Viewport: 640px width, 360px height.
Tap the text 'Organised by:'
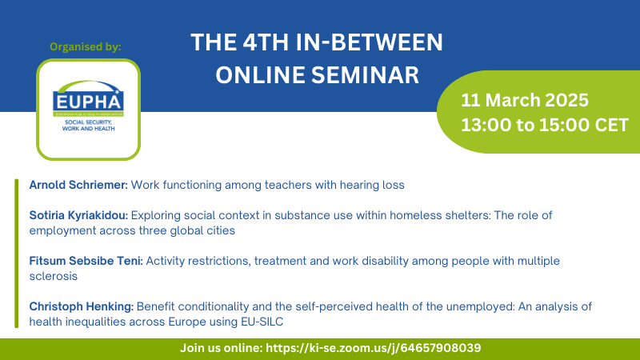point(86,47)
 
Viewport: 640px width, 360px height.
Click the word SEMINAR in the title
point(365,75)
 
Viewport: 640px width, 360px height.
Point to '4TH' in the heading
point(266,42)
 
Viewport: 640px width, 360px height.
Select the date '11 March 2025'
point(525,100)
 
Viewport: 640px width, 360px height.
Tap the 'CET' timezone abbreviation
point(611,125)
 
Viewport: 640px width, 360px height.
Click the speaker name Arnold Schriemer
point(78,185)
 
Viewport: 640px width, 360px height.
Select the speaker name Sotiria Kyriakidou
point(78,215)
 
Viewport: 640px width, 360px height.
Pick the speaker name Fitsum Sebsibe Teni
point(86,261)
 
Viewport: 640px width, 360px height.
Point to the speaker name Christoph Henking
point(82,306)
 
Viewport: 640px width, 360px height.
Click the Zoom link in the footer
point(374,348)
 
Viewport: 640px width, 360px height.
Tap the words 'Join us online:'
point(222,348)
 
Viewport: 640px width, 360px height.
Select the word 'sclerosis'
point(53,276)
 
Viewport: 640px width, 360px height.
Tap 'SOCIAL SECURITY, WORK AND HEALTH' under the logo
point(88,126)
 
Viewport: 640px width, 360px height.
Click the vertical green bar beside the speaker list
point(16,254)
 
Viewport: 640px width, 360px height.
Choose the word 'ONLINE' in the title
point(261,75)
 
